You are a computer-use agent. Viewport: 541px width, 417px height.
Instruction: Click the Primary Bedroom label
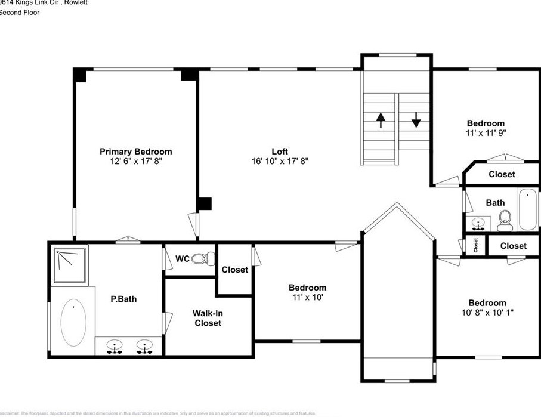(135, 152)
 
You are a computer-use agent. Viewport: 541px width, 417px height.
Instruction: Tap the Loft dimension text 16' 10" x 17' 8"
(280, 161)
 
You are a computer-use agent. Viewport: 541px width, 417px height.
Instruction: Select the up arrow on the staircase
(380, 121)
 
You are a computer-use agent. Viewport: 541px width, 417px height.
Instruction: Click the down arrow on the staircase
(416, 121)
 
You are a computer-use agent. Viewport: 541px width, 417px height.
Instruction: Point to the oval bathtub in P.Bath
(73, 322)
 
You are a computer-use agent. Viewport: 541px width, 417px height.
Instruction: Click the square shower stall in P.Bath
(70, 265)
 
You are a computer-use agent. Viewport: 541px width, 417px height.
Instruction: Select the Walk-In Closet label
(207, 318)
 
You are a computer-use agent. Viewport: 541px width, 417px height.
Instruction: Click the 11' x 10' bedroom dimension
(308, 297)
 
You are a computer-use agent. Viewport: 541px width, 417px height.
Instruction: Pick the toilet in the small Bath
(505, 221)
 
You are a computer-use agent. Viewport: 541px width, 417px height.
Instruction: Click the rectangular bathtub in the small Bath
(528, 209)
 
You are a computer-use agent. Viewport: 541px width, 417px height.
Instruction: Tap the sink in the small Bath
(478, 224)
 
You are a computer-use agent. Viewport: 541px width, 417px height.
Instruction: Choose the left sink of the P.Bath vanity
(115, 346)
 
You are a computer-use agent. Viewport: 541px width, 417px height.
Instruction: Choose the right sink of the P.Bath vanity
(144, 346)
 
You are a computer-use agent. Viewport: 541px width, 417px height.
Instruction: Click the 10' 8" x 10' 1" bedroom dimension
(487, 312)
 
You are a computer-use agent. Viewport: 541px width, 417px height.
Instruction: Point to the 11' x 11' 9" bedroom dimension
(486, 133)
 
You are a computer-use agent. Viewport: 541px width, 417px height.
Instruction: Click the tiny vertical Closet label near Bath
(475, 245)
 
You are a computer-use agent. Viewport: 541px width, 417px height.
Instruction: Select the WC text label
(182, 259)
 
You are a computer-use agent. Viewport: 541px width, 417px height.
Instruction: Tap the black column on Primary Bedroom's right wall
(204, 203)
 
